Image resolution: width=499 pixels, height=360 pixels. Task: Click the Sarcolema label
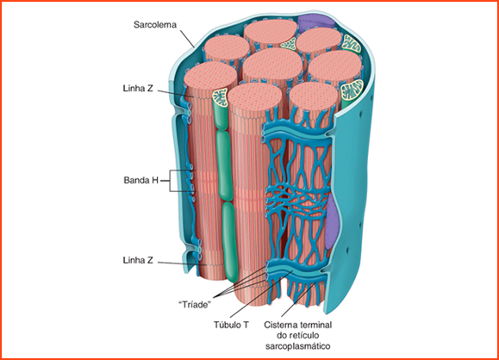pyautogui.click(x=154, y=24)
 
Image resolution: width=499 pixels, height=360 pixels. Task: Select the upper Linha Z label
pyautogui.click(x=138, y=88)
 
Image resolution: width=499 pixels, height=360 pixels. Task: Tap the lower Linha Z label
pyautogui.click(x=138, y=260)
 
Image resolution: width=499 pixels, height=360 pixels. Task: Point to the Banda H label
pyautogui.click(x=141, y=180)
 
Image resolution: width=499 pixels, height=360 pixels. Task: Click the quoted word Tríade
pyautogui.click(x=195, y=304)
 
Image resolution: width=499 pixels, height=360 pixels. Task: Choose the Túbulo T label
pyautogui.click(x=231, y=325)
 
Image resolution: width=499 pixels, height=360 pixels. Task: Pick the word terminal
pyautogui.click(x=315, y=325)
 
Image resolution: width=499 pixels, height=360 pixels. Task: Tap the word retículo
pyautogui.click(x=304, y=335)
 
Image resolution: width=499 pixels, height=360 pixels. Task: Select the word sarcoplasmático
pyautogui.click(x=298, y=346)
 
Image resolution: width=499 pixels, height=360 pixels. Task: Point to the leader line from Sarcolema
pyautogui.click(x=187, y=39)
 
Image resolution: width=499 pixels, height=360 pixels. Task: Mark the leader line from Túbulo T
pyautogui.click(x=261, y=294)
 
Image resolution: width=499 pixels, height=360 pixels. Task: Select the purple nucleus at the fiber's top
pyautogui.click(x=315, y=22)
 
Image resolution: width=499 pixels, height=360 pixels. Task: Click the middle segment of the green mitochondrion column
pyautogui.click(x=224, y=166)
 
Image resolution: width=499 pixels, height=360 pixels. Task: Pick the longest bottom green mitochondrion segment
pyautogui.click(x=230, y=242)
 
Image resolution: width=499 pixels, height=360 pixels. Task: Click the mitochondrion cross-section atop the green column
pyautogui.click(x=221, y=97)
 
